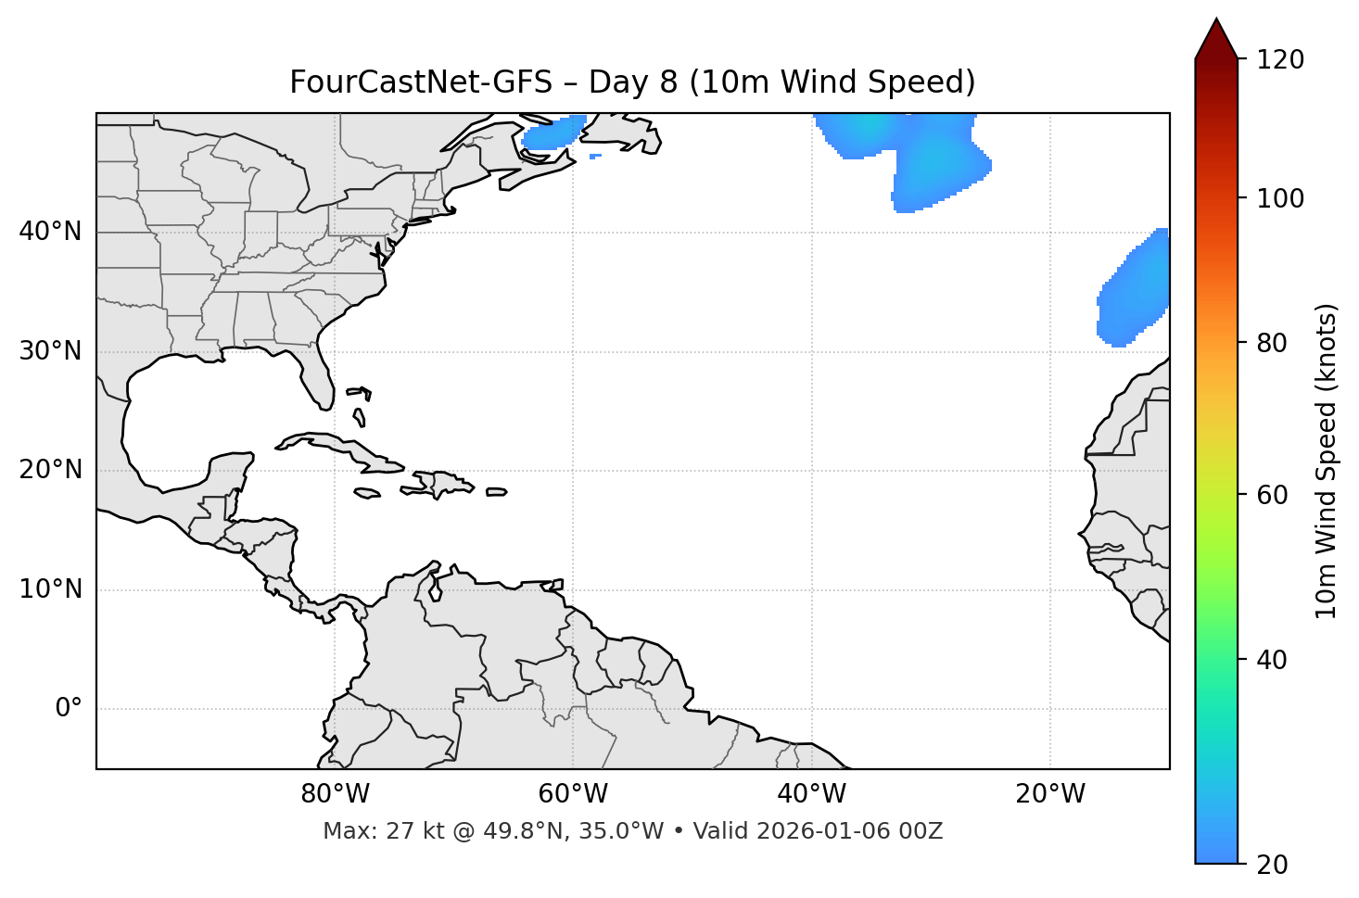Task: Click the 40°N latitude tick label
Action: [x=50, y=232]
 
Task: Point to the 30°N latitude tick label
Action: [x=50, y=351]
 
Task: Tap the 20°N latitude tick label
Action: [x=50, y=470]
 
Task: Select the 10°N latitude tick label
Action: [x=50, y=589]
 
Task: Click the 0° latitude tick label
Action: [x=69, y=709]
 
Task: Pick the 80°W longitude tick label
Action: [x=335, y=794]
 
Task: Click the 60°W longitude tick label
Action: [x=573, y=794]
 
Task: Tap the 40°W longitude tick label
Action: [x=812, y=794]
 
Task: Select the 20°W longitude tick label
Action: [x=1050, y=794]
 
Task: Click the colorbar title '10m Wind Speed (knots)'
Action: [x=1327, y=461]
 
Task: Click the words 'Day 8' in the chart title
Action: [x=633, y=82]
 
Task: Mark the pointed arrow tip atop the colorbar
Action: [x=1216, y=20]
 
